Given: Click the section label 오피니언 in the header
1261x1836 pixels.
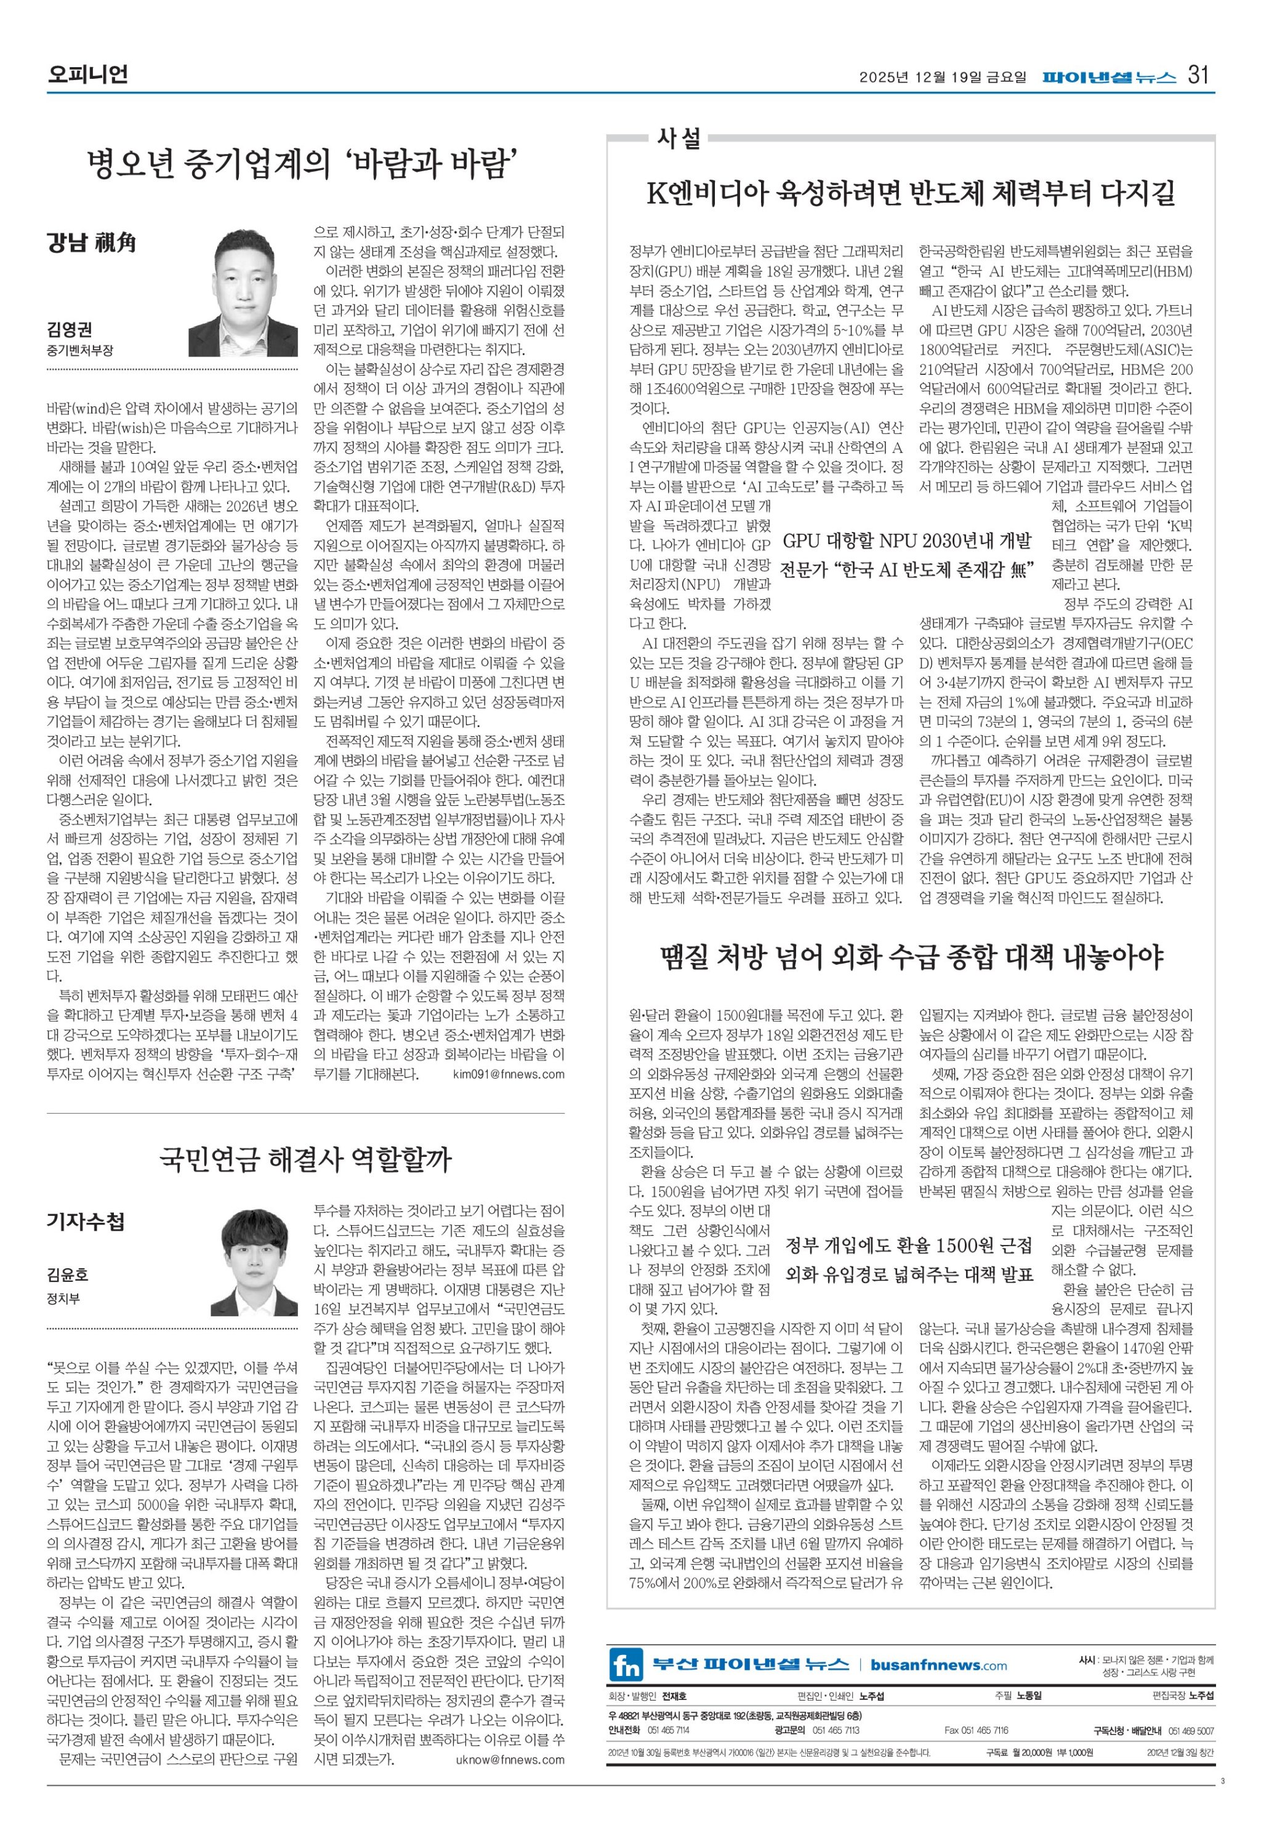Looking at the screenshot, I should coord(87,76).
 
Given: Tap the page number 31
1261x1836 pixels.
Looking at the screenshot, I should coord(1199,76).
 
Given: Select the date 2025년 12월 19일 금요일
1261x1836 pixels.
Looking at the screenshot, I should coord(943,78).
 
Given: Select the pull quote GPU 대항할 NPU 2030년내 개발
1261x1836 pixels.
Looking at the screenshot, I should coord(907,541).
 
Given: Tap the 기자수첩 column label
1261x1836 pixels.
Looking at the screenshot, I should coord(86,1223).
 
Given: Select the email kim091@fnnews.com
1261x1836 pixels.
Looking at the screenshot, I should coord(509,1074).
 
